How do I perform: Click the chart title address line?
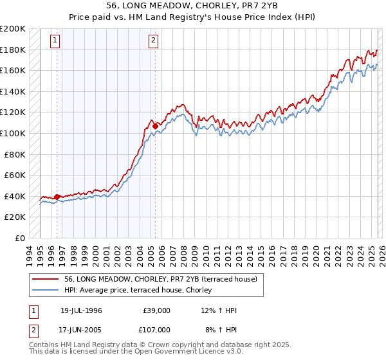click(193, 4)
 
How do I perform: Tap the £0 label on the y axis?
click(20, 238)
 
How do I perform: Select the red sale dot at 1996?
click(57, 197)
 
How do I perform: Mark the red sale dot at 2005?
click(154, 125)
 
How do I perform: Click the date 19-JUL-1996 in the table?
click(81, 310)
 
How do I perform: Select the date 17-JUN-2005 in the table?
click(81, 328)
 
